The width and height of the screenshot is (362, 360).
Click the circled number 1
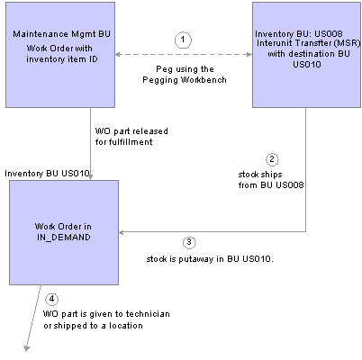pyautogui.click(x=183, y=40)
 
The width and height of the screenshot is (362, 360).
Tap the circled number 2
pyautogui.click(x=272, y=159)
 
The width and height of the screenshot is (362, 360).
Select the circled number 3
pyautogui.click(x=189, y=242)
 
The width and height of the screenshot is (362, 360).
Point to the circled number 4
pyautogui.click(x=52, y=299)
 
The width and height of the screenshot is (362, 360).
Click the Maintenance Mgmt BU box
pyautogui.click(x=60, y=55)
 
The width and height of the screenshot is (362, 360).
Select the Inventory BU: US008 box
pyautogui.click(x=306, y=55)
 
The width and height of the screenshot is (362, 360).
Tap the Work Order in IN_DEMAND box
pyautogui.click(x=64, y=232)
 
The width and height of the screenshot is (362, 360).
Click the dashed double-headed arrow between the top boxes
pyautogui.click(x=184, y=54)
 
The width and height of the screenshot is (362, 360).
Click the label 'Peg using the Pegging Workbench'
pyautogui.click(x=185, y=75)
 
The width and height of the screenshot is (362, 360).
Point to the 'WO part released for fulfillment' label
pyautogui.click(x=131, y=137)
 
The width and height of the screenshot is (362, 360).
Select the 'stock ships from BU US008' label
pyautogui.click(x=271, y=180)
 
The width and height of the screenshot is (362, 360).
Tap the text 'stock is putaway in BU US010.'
pyautogui.click(x=210, y=259)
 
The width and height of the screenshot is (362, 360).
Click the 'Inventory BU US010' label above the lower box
pyautogui.click(x=47, y=174)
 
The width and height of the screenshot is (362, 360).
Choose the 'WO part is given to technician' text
pyautogui.click(x=106, y=314)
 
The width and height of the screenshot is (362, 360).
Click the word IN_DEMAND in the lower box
pyautogui.click(x=64, y=238)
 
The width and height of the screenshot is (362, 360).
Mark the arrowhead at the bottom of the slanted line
pyautogui.click(x=27, y=348)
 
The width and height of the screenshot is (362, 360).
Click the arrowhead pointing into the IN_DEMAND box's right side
pyautogui.click(x=122, y=232)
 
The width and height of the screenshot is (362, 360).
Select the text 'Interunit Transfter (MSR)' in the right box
pyautogui.click(x=308, y=43)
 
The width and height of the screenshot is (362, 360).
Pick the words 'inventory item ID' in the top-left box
pyautogui.click(x=62, y=59)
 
